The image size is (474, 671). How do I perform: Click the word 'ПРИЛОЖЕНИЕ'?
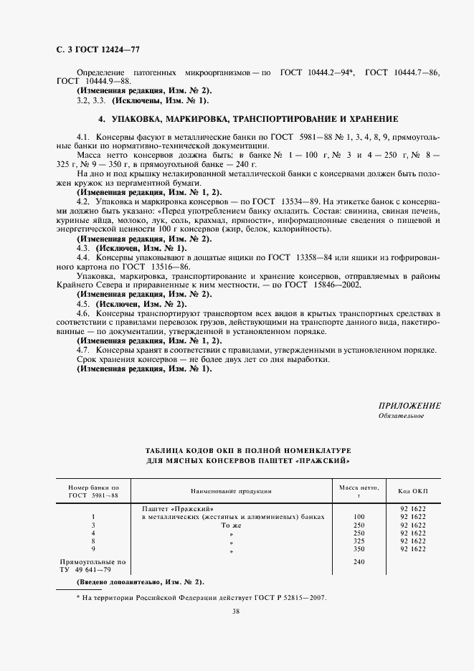(409, 406)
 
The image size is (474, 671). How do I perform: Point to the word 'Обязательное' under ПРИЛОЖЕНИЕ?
(401, 416)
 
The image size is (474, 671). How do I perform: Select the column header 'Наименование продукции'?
(230, 491)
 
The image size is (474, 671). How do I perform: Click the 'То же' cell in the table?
(232, 525)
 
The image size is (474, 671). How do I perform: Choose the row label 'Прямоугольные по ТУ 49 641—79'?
(93, 566)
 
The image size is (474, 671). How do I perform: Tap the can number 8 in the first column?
(94, 541)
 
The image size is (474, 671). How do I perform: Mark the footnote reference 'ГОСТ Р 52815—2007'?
(292, 597)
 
